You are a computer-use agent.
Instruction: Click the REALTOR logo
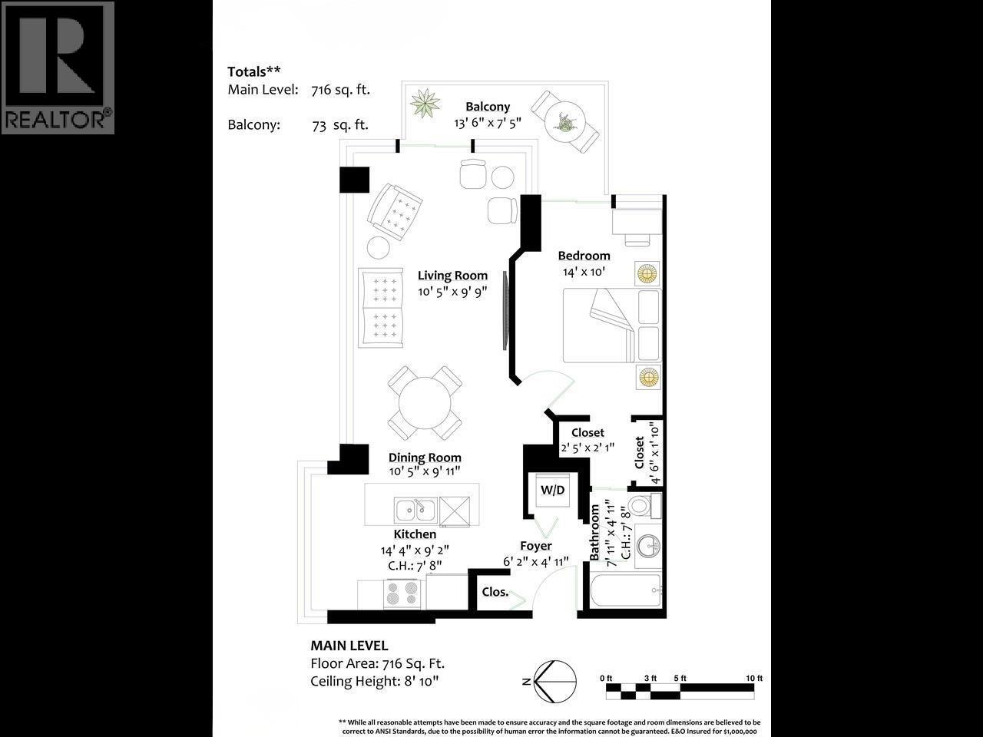(x=58, y=68)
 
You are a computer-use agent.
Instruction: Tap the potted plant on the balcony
(x=425, y=104)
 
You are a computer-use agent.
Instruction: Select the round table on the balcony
(x=566, y=121)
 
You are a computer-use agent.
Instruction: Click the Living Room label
(x=452, y=276)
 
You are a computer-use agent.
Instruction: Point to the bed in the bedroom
(x=611, y=326)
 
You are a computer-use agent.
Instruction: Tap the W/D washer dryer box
(x=552, y=490)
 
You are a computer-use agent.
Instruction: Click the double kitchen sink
(x=415, y=509)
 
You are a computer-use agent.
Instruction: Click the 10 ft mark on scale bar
(x=754, y=678)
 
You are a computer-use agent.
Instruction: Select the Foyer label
(x=535, y=546)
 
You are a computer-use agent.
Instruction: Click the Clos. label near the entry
(x=495, y=592)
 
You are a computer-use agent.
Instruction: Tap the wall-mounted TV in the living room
(x=505, y=310)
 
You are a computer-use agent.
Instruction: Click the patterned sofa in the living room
(x=380, y=307)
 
